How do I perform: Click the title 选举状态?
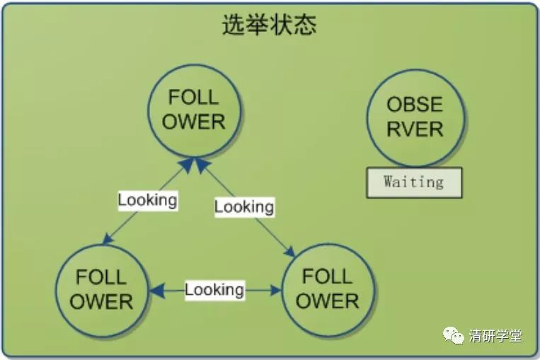point(269,25)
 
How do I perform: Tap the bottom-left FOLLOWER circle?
point(101,289)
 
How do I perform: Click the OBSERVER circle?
point(415,117)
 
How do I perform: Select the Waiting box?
point(414,182)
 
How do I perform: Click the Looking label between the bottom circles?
point(214,289)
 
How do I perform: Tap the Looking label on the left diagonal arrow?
point(147,200)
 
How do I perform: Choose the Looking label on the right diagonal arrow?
point(244,207)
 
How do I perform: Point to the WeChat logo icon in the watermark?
point(454,335)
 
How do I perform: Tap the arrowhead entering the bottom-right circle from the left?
point(276,289)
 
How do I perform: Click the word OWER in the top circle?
point(194,122)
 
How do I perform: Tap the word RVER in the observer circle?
point(415,129)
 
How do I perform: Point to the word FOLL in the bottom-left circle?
point(101,277)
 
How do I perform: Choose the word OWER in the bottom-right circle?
point(327,301)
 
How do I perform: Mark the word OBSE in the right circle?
point(415,105)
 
